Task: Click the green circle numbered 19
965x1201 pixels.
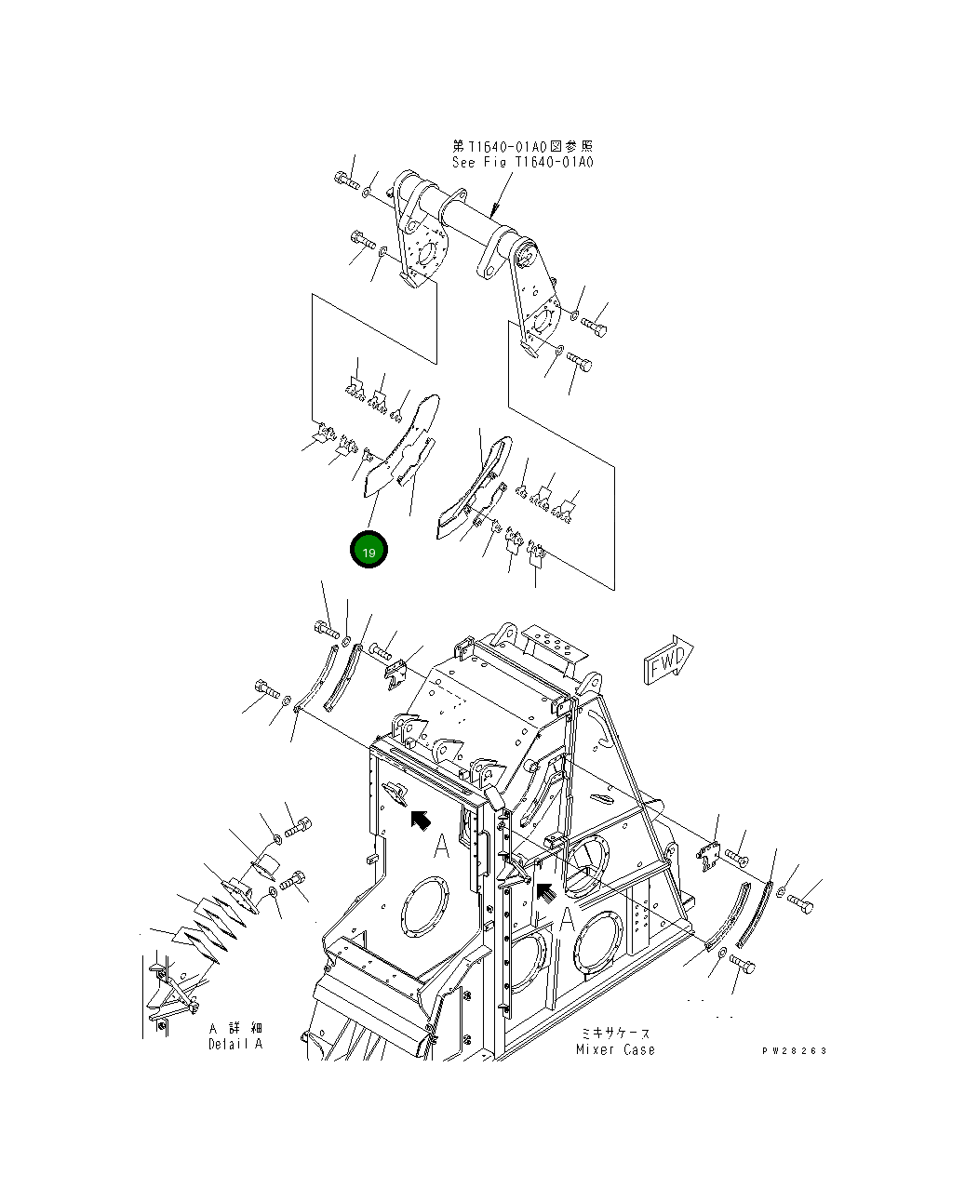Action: [369, 551]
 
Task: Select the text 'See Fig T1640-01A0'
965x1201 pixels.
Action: [522, 162]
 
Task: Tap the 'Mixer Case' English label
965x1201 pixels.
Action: [614, 1050]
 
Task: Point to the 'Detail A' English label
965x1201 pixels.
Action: [235, 1044]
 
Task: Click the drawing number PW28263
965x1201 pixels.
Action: [794, 1051]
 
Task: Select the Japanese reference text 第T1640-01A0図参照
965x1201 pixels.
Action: [522, 146]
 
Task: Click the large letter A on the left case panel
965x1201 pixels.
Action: [441, 847]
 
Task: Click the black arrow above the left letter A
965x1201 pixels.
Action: [420, 819]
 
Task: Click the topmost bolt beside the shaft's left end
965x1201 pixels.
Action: [345, 180]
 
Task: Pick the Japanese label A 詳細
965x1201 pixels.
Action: [235, 1028]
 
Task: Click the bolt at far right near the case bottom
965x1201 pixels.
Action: [800, 903]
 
